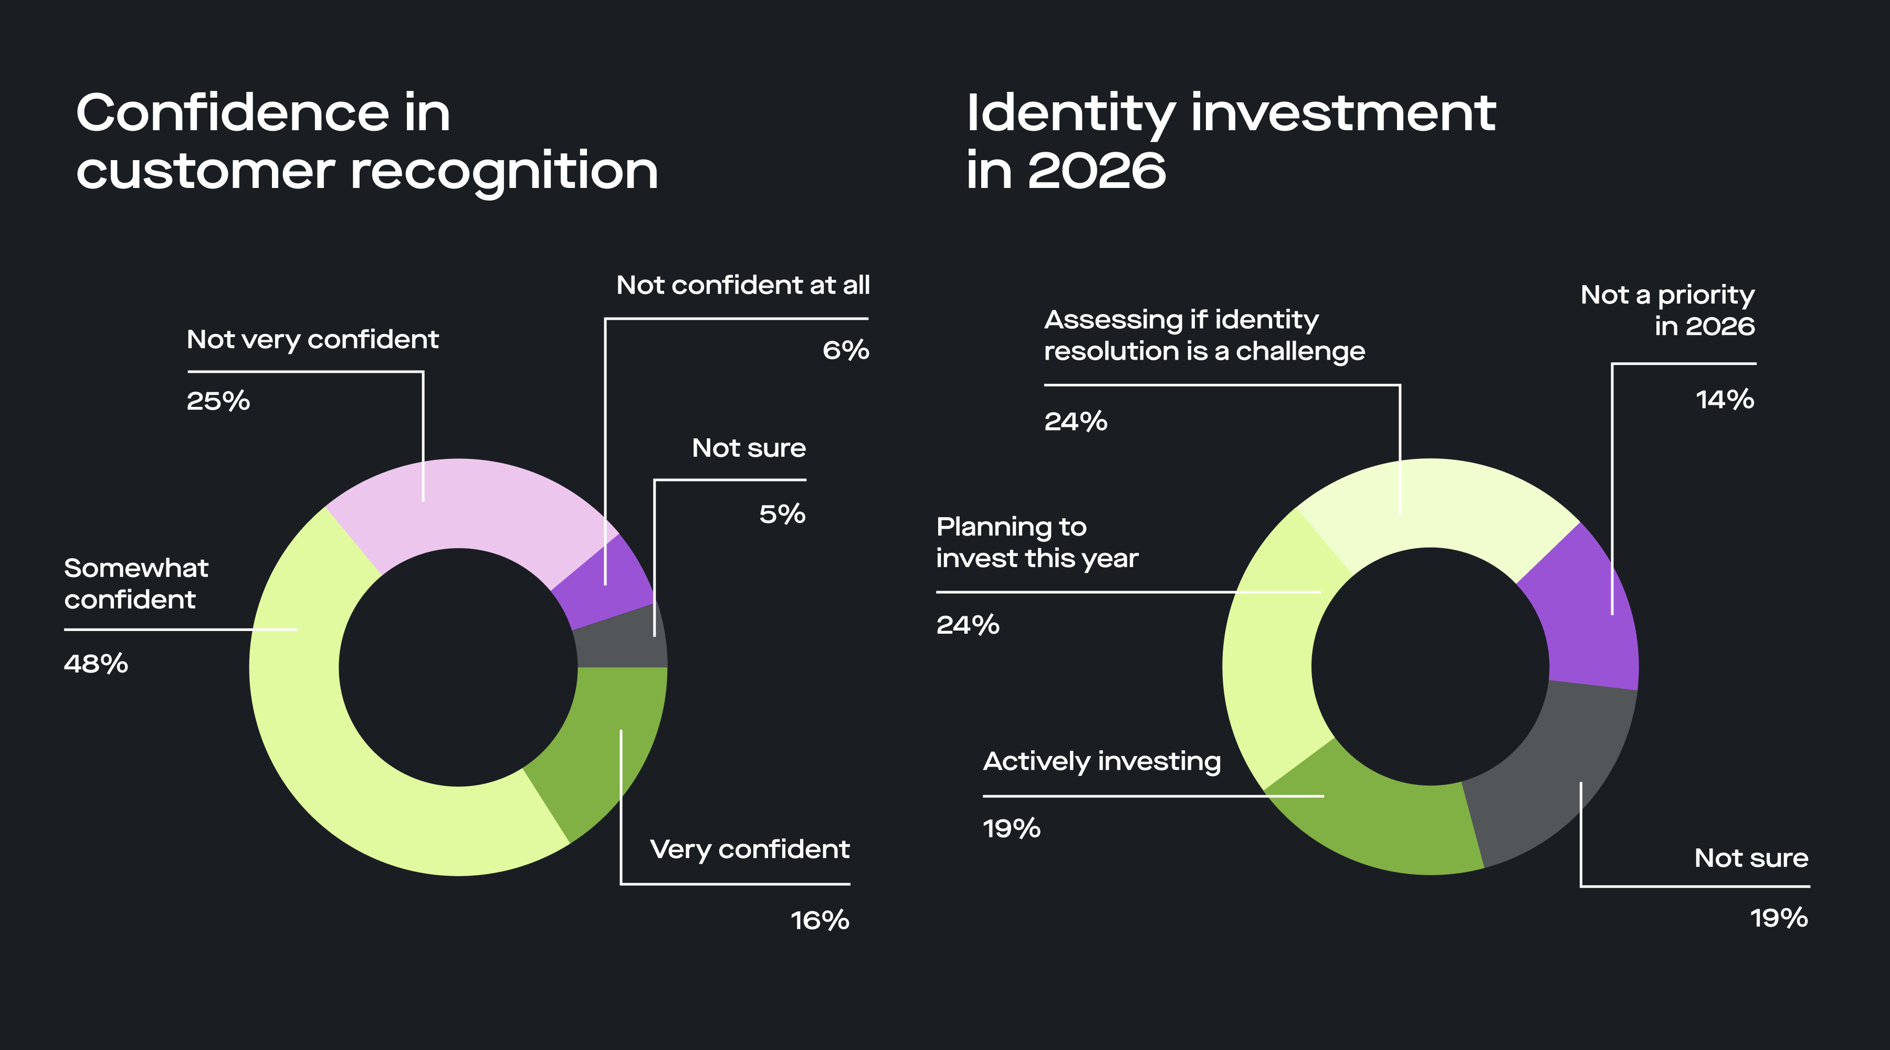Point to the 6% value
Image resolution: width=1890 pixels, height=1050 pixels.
pyautogui.click(x=845, y=350)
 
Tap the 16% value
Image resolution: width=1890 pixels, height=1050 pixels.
pyautogui.click(x=820, y=920)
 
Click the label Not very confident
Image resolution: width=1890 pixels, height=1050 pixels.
pyautogui.click(x=312, y=340)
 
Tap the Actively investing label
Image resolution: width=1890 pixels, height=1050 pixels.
pyautogui.click(x=1101, y=762)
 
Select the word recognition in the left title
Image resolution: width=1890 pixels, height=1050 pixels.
pyautogui.click(x=504, y=172)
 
